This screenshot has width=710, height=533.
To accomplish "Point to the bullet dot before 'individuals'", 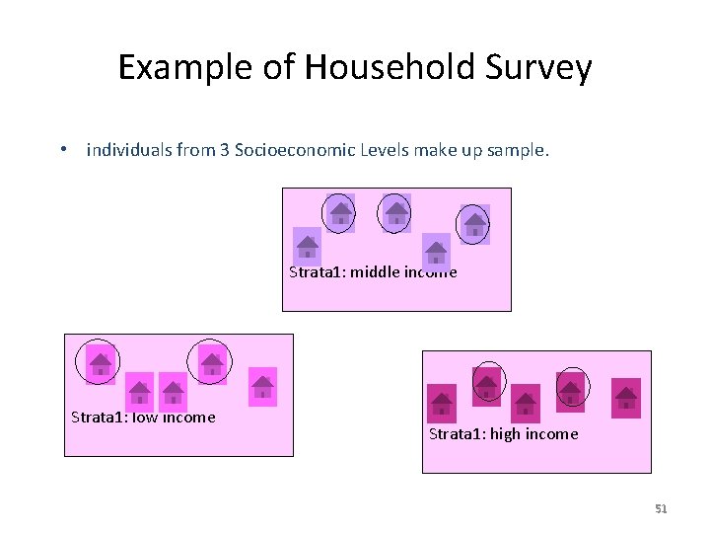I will click(x=62, y=151).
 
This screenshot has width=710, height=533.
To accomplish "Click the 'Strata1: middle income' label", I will click(x=373, y=272).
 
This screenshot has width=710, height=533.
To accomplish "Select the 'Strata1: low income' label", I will click(x=143, y=417).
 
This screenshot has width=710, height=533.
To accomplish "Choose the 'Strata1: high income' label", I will click(x=503, y=434).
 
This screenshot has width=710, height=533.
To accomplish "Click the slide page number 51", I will click(x=661, y=509).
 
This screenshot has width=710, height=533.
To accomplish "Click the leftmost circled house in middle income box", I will click(x=340, y=212).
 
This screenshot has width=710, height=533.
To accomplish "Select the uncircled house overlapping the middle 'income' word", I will click(x=435, y=250).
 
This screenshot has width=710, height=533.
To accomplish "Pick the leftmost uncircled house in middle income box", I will click(x=308, y=244).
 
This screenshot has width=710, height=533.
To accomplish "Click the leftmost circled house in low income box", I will click(x=100, y=363).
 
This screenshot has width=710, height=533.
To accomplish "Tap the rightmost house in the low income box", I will click(x=262, y=385).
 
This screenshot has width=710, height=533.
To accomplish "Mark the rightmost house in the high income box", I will click(x=625, y=398).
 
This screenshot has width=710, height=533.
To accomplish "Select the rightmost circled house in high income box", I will click(x=571, y=390).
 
